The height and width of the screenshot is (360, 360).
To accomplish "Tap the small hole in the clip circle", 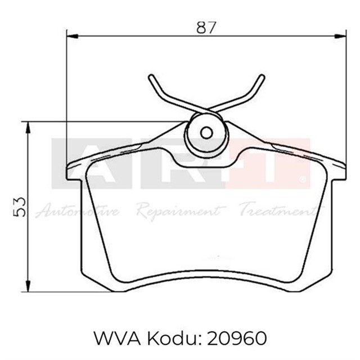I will [x=207, y=133].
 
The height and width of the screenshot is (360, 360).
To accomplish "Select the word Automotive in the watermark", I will [x=77, y=212].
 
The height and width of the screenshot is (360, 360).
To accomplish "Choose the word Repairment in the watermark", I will [x=179, y=212].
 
